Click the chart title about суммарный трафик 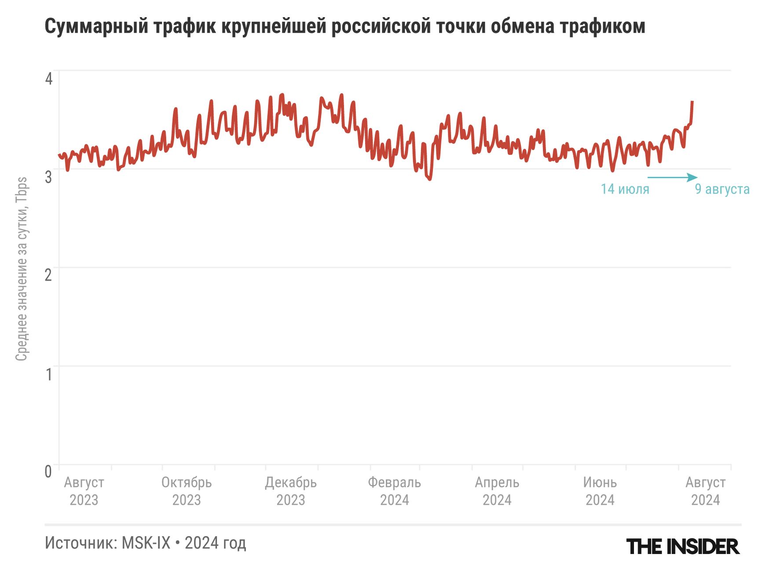(344, 26)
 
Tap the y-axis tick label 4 (49, 79)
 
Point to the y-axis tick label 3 (48, 177)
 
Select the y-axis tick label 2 (48, 275)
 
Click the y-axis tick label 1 (49, 374)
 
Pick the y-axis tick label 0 (48, 472)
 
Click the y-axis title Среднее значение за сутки (22, 269)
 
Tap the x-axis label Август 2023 (84, 491)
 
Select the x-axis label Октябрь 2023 (187, 491)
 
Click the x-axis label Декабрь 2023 (291, 491)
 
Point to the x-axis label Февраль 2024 (395, 491)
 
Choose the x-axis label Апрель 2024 (497, 491)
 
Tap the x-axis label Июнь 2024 (600, 491)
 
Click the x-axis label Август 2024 (705, 491)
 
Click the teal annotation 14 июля (625, 189)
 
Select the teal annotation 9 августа (722, 189)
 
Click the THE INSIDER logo (683, 546)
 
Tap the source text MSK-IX (146, 543)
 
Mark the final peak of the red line (692, 102)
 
